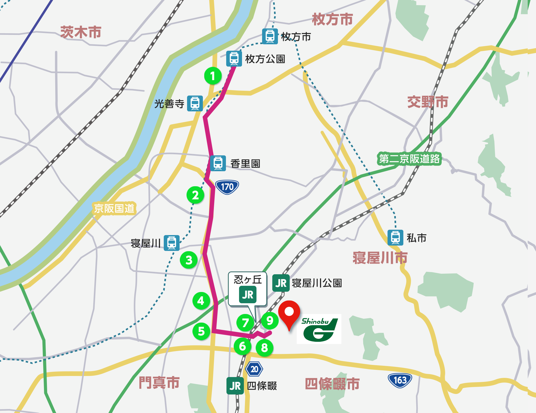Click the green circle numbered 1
coord(213,76)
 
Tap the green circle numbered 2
coord(195,195)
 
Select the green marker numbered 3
coord(189,260)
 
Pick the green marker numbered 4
coord(201,301)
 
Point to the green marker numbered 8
coord(264,348)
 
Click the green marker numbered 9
coord(270,320)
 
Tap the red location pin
coord(289,314)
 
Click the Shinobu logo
coord(319,329)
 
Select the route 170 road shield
coord(227,187)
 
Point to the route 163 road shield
coord(400,380)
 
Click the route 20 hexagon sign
coord(254,369)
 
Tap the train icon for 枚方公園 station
coord(234,59)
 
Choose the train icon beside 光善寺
coord(195,103)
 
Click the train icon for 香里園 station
coord(218,163)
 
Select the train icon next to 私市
coord(395,237)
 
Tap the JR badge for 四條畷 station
coord(235,386)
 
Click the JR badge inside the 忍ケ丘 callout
coord(248,295)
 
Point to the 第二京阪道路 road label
coord(409,159)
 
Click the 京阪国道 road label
coord(114,209)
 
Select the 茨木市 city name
coord(81,32)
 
